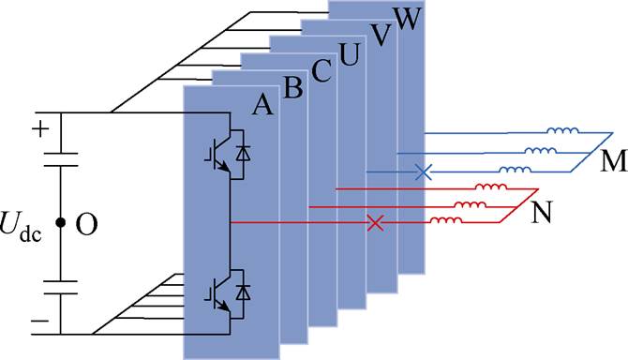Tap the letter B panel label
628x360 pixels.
point(292,89)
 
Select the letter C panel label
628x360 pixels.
point(321,72)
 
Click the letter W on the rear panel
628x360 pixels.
point(408,19)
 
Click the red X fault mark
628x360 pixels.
point(375,222)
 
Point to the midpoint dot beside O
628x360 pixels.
point(60,223)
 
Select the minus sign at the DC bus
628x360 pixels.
point(38,320)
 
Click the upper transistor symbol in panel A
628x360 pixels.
point(217,156)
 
